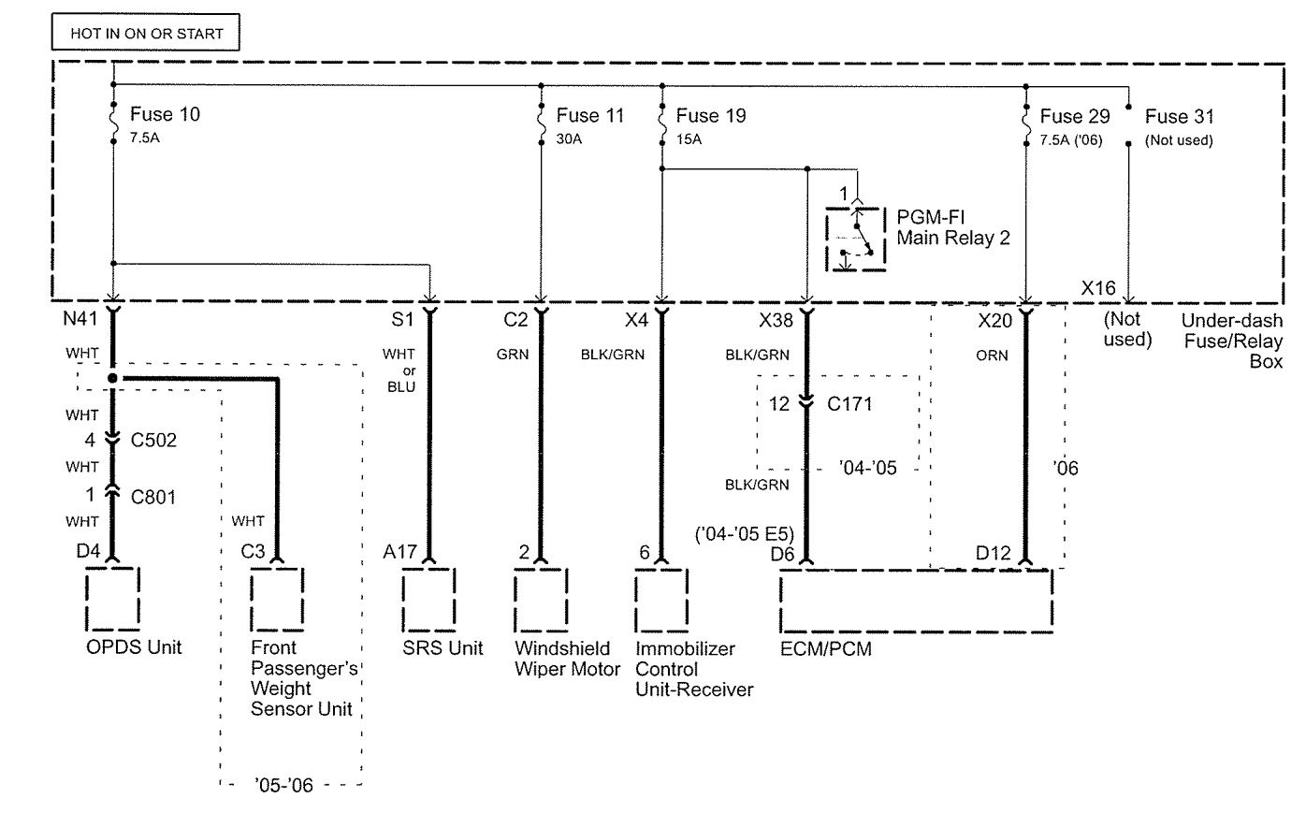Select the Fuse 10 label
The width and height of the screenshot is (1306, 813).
click(x=165, y=114)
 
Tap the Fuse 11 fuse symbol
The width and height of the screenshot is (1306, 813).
click(x=541, y=123)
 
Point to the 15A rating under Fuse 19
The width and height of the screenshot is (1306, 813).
click(x=689, y=139)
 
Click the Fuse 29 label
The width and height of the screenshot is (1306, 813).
click(x=1075, y=116)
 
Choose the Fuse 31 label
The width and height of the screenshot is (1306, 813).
click(x=1179, y=116)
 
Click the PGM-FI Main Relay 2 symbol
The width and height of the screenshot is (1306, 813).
click(x=856, y=240)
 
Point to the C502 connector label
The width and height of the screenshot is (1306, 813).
click(x=153, y=440)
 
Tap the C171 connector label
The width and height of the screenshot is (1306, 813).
click(x=849, y=403)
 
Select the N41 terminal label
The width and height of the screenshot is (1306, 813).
click(x=80, y=318)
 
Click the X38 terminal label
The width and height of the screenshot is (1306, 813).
click(x=776, y=320)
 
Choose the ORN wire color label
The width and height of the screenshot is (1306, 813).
click(x=992, y=356)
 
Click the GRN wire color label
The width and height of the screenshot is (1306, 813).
click(x=513, y=354)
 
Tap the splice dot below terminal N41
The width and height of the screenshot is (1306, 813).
click(x=112, y=379)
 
